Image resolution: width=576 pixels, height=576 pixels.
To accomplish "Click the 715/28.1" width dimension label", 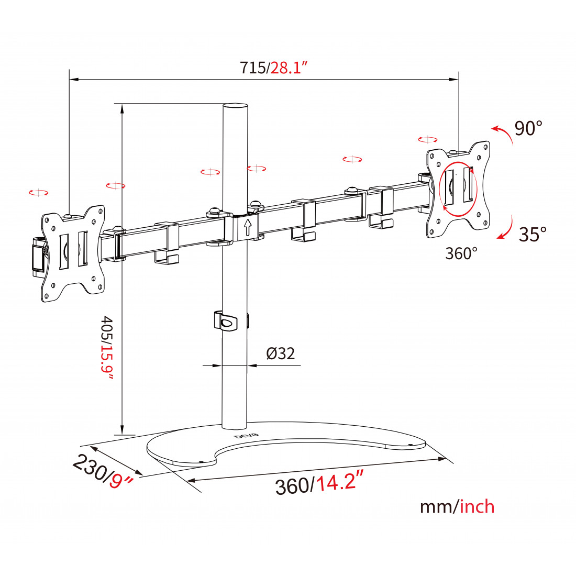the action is pyautogui.click(x=274, y=68).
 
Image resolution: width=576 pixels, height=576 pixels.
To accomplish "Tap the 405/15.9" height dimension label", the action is pyautogui.click(x=107, y=348).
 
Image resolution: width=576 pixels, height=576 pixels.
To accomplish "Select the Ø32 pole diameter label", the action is pyautogui.click(x=280, y=353).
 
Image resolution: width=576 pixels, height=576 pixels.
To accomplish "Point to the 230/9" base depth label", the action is pyautogui.click(x=103, y=472).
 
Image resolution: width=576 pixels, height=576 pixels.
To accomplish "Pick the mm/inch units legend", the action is pyautogui.click(x=457, y=507).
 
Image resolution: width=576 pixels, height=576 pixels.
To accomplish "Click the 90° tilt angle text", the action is pyautogui.click(x=528, y=128).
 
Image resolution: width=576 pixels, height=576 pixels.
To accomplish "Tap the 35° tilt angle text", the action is pyautogui.click(x=533, y=234).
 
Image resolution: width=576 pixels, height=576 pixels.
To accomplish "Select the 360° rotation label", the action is pyautogui.click(x=461, y=253).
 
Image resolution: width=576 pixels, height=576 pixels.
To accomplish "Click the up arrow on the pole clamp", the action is pyautogui.click(x=248, y=227).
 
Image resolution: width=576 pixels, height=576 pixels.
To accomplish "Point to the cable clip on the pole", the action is pyautogui.click(x=226, y=321).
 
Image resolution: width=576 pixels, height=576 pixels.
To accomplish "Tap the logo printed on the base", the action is pyautogui.click(x=247, y=436).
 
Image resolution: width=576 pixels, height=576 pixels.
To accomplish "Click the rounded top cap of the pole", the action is pyautogui.click(x=235, y=106).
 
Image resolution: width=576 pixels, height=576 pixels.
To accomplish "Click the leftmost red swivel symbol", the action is pyautogui.click(x=39, y=193).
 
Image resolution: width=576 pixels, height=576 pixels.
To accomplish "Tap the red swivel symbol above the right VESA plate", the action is pyautogui.click(x=428, y=140).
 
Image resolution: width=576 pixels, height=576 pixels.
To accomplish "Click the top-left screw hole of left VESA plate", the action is pyautogui.click(x=47, y=220).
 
